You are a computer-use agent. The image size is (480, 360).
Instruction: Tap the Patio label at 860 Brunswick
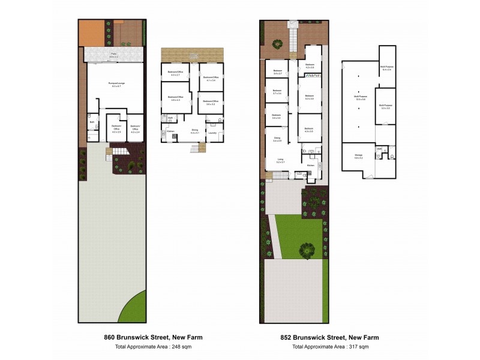pos(113,55)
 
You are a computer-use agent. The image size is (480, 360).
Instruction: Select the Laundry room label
pos(212,133)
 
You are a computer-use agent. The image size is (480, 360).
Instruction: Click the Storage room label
pos(358,156)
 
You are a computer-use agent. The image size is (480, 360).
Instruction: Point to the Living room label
pos(280,161)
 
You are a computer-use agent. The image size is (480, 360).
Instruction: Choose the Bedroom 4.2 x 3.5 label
pos(310,66)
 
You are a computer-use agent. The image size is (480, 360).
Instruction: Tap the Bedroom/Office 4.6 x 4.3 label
pos(175,98)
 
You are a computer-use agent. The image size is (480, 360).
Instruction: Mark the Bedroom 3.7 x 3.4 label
pos(277,92)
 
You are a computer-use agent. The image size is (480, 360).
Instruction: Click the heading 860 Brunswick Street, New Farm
pos(153,337)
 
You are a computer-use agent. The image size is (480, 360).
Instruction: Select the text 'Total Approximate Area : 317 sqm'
pos(330,347)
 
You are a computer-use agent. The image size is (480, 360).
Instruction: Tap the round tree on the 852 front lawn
pos(307,249)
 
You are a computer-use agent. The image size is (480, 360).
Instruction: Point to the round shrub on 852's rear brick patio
pos(277,43)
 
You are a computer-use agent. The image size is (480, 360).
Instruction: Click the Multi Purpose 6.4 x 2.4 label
pos(386,68)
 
